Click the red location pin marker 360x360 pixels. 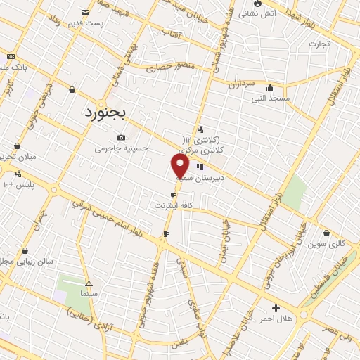(x=180, y=165)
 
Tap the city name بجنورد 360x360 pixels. (x=104, y=112)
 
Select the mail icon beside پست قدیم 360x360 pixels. (x=86, y=13)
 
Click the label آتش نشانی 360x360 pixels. (x=281, y=13)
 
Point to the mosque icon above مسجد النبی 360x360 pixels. (x=270, y=88)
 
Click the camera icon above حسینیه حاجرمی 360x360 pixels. (x=122, y=137)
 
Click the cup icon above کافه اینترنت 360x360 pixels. (x=173, y=195)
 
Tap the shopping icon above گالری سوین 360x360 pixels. (x=327, y=233)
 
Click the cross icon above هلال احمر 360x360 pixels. (x=276, y=308)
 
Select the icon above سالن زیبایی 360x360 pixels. (x=25, y=250)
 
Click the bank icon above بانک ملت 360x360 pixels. (x=10, y=56)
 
